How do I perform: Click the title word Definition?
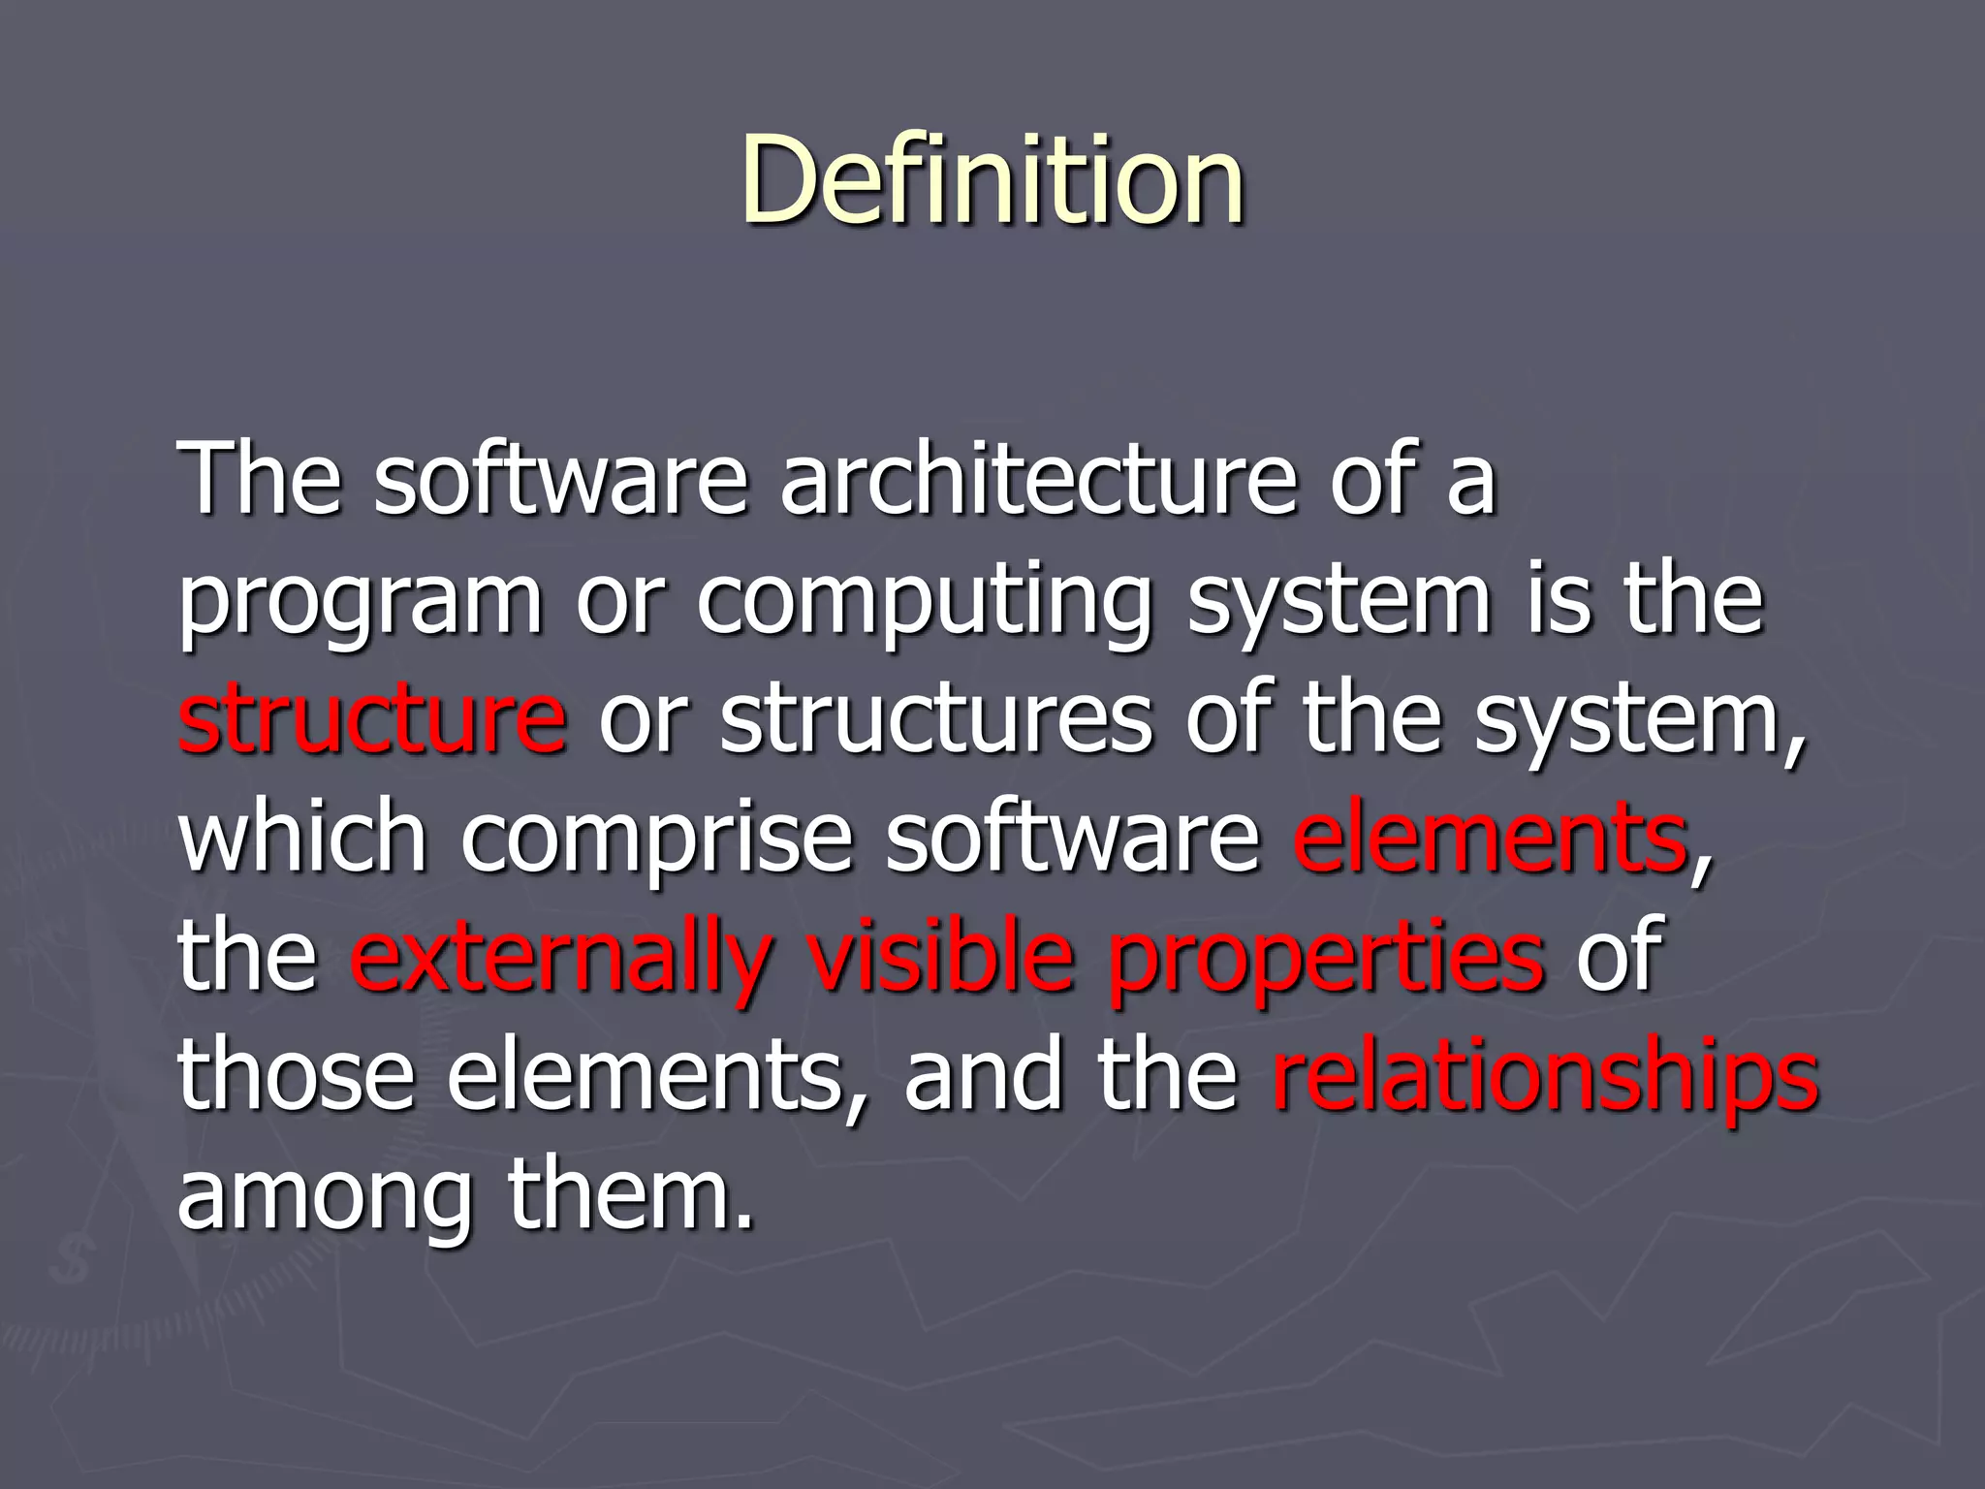992,180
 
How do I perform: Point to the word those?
297,1076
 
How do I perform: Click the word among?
326,1198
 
